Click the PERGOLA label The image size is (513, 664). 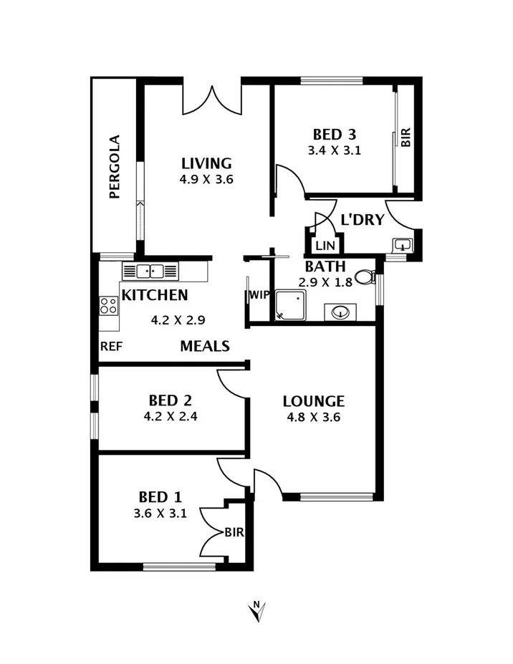(x=114, y=166)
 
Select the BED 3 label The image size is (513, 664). (x=335, y=134)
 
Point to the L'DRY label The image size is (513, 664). (x=362, y=220)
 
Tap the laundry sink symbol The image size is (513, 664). (x=403, y=246)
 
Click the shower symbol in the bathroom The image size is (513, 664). (x=291, y=304)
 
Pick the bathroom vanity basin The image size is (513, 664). (x=341, y=312)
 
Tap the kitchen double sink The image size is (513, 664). (x=150, y=271)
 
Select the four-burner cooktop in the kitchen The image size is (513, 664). (x=109, y=307)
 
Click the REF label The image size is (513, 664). (x=111, y=346)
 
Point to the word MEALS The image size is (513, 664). (x=204, y=347)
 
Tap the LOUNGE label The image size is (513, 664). (x=313, y=401)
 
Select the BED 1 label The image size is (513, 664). (x=160, y=496)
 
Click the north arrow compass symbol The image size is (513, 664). (x=257, y=611)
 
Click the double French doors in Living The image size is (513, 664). (x=211, y=100)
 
